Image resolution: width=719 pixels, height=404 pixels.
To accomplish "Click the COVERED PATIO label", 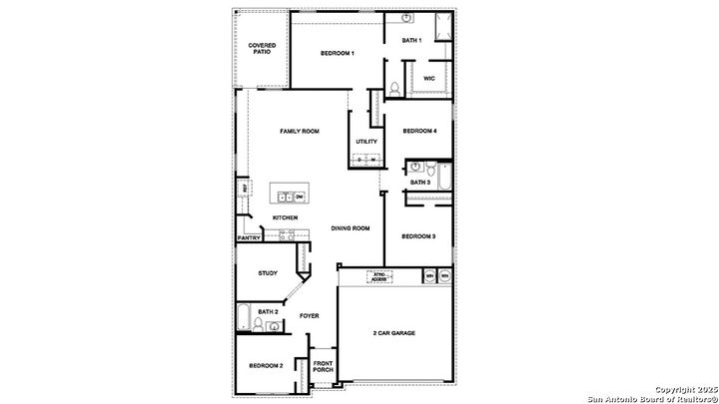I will [263, 48].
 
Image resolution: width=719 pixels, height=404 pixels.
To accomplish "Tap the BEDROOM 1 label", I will [337, 53].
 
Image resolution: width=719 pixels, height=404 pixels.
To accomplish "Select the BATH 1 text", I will [411, 40].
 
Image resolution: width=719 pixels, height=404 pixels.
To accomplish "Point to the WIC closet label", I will [428, 78].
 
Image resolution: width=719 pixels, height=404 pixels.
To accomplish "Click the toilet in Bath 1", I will [395, 89].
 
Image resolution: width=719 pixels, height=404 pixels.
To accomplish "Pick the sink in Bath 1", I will [408, 19].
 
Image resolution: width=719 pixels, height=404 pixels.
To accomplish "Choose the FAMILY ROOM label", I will [299, 131].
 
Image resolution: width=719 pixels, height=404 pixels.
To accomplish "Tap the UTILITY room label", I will [365, 142].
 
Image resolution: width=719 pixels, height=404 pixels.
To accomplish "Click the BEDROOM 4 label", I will [419, 131].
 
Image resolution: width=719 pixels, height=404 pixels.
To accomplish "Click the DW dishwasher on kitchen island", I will [299, 198].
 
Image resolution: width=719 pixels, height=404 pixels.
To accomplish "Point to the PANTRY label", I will [249, 238].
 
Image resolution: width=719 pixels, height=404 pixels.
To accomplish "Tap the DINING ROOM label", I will [351, 228].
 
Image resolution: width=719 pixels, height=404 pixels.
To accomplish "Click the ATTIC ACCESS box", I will [378, 277].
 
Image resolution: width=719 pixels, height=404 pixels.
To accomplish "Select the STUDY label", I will [268, 273].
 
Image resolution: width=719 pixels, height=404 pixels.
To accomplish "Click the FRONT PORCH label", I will [323, 366].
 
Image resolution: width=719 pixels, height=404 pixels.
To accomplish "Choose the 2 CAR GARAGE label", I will [394, 333].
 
